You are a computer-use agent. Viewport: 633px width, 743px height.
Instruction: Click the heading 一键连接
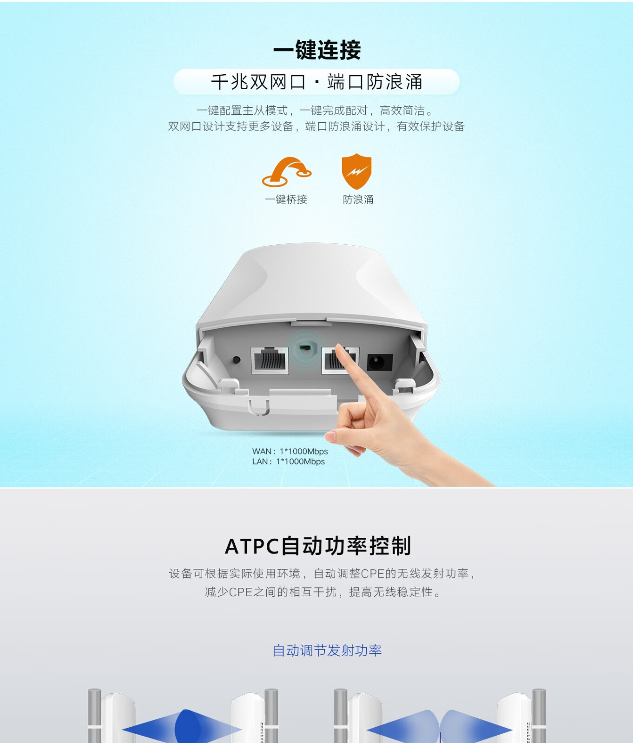[x=316, y=50]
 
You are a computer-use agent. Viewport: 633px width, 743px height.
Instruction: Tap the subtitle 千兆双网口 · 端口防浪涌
[x=316, y=82]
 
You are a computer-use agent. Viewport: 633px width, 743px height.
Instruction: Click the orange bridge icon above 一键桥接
[x=287, y=172]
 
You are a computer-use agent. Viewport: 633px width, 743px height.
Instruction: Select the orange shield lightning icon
[x=356, y=171]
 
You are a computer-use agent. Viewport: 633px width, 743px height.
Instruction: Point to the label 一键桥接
[x=286, y=200]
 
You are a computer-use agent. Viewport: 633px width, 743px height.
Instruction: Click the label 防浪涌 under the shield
[x=358, y=200]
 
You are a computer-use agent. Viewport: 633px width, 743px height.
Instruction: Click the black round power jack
[x=380, y=362]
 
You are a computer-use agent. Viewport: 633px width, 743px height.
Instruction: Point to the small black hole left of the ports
[x=236, y=360]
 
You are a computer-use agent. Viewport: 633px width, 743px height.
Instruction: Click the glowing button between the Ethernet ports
[x=305, y=348]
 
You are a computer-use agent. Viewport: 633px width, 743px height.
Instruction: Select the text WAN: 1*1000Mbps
[x=290, y=451]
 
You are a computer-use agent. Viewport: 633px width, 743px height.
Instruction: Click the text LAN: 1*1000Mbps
[x=289, y=462]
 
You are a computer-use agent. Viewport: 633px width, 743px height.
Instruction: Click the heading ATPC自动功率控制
[x=318, y=546]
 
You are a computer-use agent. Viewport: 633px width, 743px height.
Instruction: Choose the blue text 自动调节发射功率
[x=327, y=651]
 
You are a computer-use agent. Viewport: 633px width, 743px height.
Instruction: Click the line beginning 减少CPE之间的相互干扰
[x=323, y=592]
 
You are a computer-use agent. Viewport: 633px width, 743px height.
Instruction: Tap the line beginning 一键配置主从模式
[x=315, y=111]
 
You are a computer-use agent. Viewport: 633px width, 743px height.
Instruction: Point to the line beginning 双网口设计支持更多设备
[x=316, y=126]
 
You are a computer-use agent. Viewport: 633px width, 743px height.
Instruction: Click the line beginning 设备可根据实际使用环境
[x=322, y=574]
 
